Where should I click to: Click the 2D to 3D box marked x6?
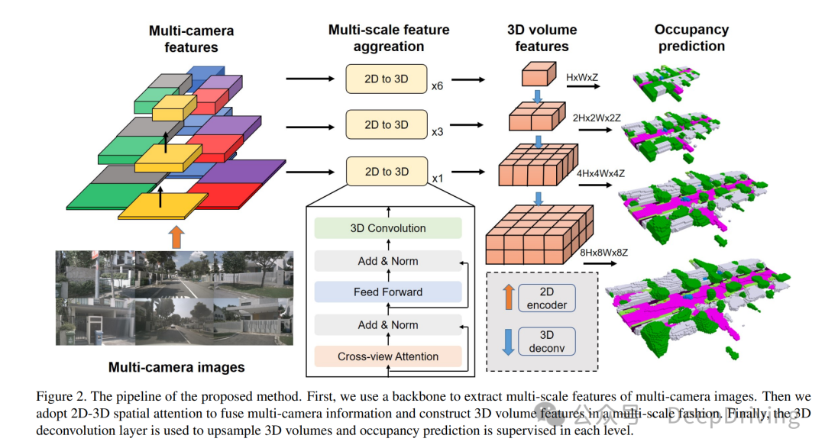[386, 79]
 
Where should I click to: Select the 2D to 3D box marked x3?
[386, 124]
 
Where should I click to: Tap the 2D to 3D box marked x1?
[386, 172]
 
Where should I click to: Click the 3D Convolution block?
[388, 228]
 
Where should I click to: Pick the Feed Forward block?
[388, 292]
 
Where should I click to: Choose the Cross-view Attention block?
[388, 356]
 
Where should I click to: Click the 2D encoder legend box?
[547, 298]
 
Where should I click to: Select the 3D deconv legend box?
[547, 341]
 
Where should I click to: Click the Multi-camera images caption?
[176, 367]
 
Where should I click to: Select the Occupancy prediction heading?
[691, 38]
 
